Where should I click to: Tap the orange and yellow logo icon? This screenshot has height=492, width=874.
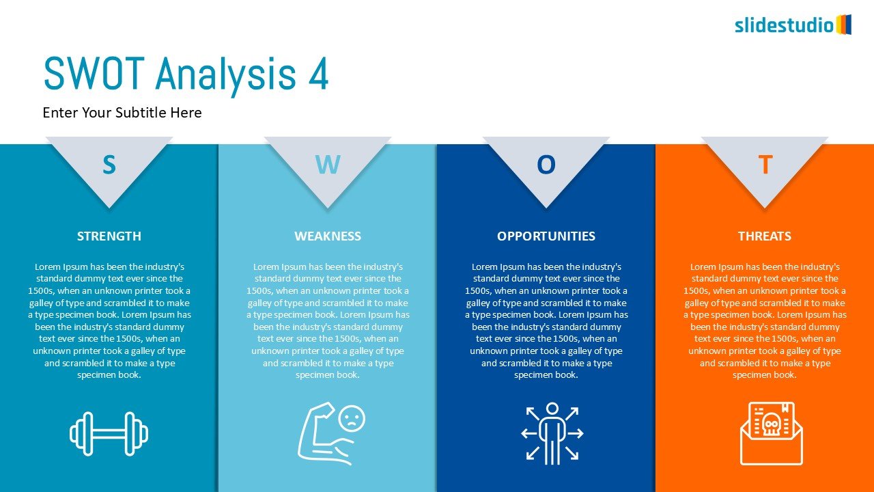pyautogui.click(x=843, y=25)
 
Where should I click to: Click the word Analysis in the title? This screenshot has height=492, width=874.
pyautogui.click(x=226, y=76)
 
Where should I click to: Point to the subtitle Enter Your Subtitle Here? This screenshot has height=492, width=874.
pyautogui.click(x=122, y=113)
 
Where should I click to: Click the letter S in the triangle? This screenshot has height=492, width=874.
pyautogui.click(x=109, y=165)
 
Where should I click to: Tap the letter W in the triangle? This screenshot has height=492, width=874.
pyautogui.click(x=328, y=165)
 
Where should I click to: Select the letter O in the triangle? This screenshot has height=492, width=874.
pyautogui.click(x=546, y=165)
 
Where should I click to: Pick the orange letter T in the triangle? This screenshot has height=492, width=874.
pyautogui.click(x=765, y=165)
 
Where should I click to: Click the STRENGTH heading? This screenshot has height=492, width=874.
pyautogui.click(x=109, y=236)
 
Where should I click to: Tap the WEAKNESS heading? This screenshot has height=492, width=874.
pyautogui.click(x=328, y=236)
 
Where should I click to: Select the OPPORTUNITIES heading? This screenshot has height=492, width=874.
pyautogui.click(x=546, y=236)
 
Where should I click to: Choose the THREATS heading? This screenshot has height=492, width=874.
pyautogui.click(x=765, y=236)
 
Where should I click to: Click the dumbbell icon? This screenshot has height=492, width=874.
pyautogui.click(x=109, y=433)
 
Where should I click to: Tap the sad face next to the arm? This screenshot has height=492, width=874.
pyautogui.click(x=352, y=418)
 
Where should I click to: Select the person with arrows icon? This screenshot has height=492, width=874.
pyautogui.click(x=552, y=433)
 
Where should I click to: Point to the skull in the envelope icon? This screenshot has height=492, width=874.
pyautogui.click(x=771, y=424)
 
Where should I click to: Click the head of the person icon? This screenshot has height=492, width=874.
pyautogui.click(x=552, y=409)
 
